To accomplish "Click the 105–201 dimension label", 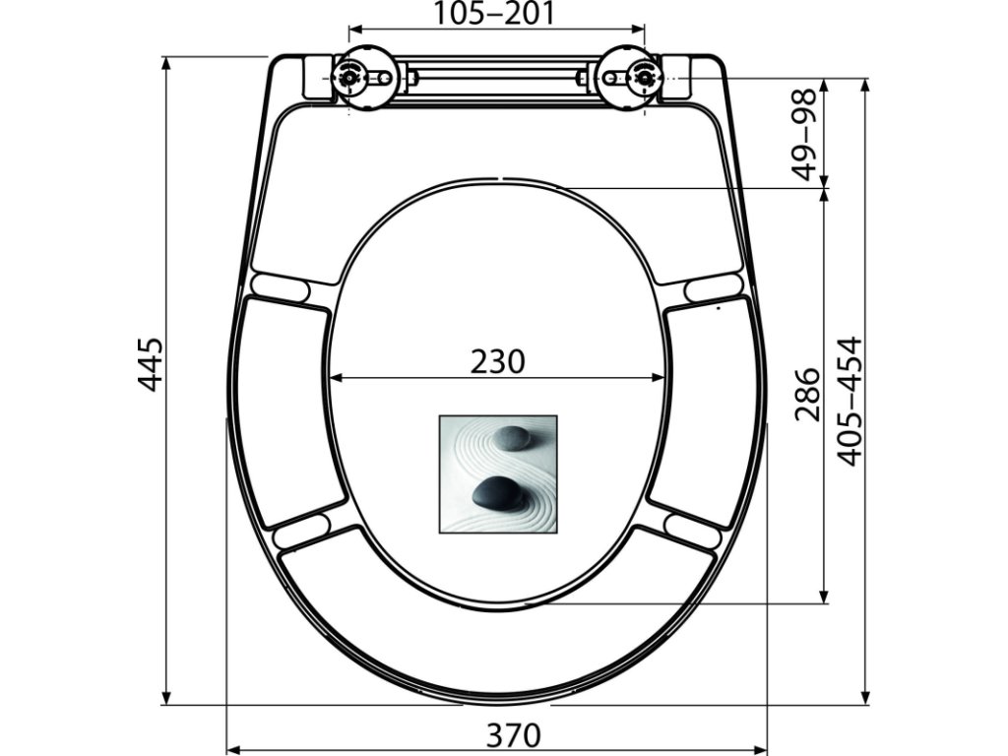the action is coord(494,12).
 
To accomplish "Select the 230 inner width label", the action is coord(497,361).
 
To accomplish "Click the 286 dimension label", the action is coord(808,394).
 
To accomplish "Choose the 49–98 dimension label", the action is coord(803,134).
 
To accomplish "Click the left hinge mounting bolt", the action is coord(348,78).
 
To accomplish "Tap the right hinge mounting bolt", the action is coord(644,77).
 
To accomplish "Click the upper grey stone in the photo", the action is coord(512,438).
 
